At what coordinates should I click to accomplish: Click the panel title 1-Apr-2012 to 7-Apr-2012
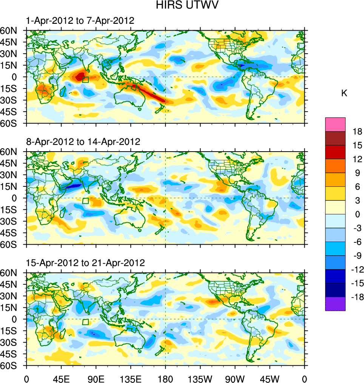80,21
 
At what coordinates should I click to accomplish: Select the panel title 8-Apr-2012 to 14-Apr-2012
83,142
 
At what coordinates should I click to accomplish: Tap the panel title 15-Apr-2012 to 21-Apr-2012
85,263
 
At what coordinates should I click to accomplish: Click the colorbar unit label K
344,93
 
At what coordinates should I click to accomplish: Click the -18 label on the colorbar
357,297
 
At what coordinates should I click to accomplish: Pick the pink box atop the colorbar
335,124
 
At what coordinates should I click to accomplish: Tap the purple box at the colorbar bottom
335,304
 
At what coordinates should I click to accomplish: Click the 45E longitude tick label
61,378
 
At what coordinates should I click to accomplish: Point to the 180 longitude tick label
165,378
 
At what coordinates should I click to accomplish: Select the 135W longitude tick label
200,378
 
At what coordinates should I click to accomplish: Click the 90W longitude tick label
235,378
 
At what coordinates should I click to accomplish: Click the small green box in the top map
85,79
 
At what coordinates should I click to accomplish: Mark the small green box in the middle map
85,201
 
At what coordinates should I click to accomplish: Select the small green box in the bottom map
85,322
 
